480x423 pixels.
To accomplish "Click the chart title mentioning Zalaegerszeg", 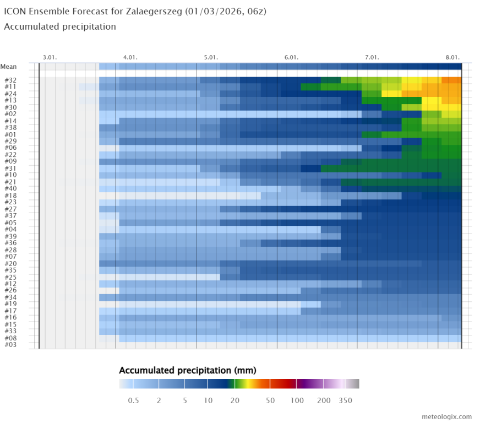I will pos(135,11).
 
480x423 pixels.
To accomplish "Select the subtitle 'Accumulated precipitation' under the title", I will pos(60,26).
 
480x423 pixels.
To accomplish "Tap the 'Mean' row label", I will pos(8,67).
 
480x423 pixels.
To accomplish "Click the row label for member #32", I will pos(10,80).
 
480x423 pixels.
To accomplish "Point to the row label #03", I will pos(10,345).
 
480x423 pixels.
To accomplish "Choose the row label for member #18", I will pos(10,196).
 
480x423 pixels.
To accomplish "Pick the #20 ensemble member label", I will pos(10,263).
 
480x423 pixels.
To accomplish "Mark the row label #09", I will pos(10,161).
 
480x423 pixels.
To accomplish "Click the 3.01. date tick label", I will pos(50,57).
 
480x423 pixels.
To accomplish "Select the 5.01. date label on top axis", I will pos(211,57).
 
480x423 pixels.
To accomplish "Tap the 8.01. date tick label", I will pos(452,57).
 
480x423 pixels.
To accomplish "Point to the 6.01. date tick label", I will pos(291,57).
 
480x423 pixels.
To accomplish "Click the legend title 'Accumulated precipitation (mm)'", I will pos(187,370).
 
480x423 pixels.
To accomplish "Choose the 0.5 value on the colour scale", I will pos(133,400).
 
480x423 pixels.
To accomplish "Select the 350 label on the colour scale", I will pos(345,400).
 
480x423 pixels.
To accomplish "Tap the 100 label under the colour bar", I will pos(297,400).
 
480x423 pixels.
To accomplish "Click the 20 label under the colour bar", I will pos(235,400).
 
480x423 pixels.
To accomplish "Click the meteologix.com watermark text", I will pos(446,416).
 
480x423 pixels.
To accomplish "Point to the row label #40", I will pos(10,189).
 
